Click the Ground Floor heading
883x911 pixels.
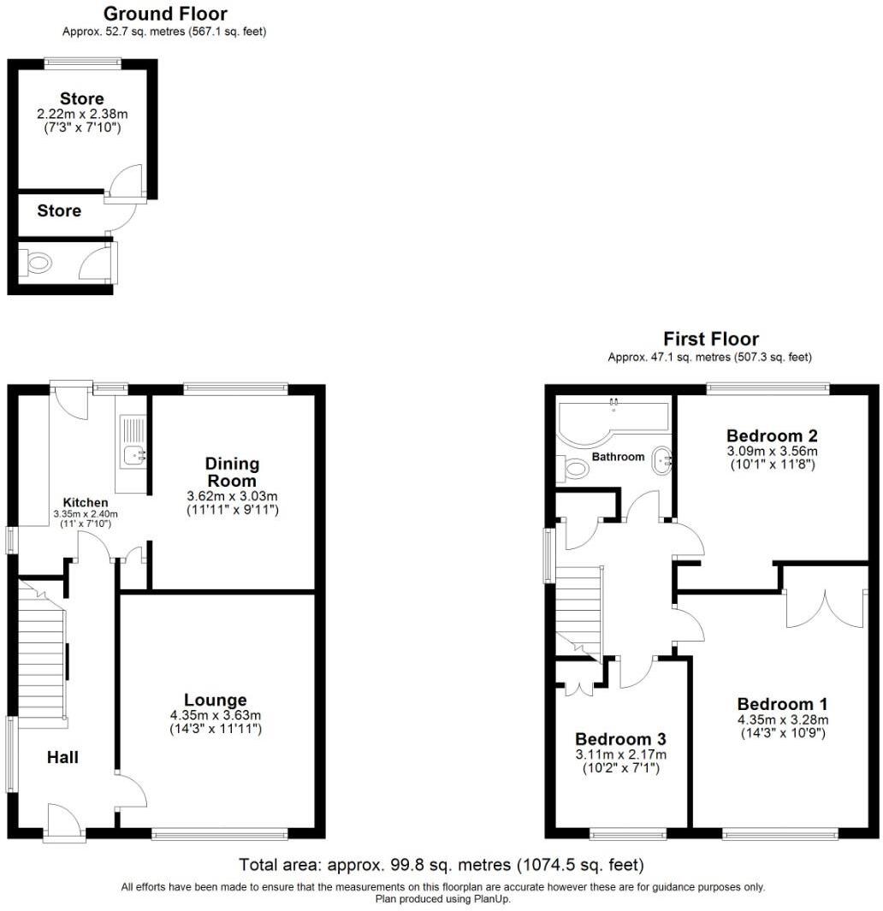click(x=165, y=14)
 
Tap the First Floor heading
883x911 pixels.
click(x=710, y=339)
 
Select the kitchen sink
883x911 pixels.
click(x=132, y=454)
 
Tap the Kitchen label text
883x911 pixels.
click(x=86, y=502)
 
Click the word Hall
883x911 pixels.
click(x=62, y=757)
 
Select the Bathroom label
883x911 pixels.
click(x=618, y=457)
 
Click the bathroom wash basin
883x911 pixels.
click(x=661, y=460)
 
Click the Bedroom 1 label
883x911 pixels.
click(x=782, y=704)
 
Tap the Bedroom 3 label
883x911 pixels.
click(x=619, y=739)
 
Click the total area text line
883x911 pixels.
click(x=441, y=865)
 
